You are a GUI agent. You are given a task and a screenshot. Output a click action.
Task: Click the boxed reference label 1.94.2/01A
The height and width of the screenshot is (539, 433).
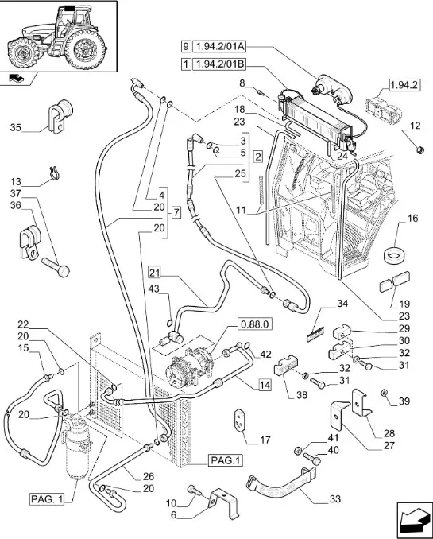[219, 46]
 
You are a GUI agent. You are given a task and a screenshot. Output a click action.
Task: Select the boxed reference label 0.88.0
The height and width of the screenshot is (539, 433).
[255, 324]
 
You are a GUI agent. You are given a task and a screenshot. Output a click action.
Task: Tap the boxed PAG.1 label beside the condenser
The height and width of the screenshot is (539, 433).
[226, 460]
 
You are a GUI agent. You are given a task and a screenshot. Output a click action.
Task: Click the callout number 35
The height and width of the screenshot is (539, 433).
[15, 127]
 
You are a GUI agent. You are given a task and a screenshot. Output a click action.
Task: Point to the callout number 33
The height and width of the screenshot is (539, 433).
[334, 498]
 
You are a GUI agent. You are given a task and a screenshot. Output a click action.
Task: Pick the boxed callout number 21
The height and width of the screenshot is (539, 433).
[155, 273]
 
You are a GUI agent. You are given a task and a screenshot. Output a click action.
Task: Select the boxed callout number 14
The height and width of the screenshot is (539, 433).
[265, 385]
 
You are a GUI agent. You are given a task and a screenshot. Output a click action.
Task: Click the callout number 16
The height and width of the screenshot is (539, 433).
[412, 219]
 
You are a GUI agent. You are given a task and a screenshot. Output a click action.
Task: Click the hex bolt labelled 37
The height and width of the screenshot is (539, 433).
[56, 267]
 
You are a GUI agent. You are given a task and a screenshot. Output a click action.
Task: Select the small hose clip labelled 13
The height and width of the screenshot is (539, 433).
[54, 173]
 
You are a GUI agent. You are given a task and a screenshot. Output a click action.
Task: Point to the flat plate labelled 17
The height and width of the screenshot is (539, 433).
[239, 420]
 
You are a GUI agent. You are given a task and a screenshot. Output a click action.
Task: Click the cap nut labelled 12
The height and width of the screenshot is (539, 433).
[419, 150]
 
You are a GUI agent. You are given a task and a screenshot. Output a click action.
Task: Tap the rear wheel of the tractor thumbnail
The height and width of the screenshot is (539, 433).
[85, 48]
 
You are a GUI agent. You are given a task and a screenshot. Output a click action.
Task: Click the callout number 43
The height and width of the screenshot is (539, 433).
[154, 289]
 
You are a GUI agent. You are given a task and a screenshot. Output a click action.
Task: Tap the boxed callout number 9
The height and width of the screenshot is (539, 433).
[186, 46]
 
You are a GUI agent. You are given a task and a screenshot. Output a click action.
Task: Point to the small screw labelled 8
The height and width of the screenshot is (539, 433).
[260, 91]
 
